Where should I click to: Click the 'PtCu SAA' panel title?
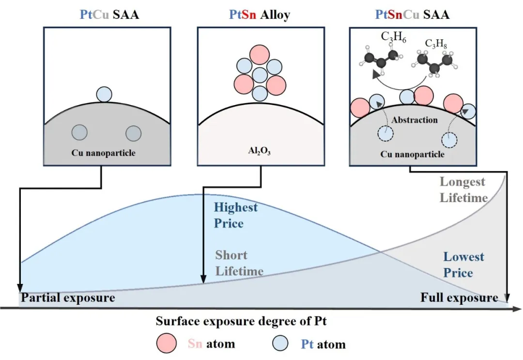(109, 15)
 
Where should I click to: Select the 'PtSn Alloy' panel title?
(260, 15)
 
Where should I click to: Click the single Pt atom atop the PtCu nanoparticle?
(104, 94)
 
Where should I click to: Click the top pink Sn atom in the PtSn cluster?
(260, 53)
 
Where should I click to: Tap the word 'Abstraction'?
(415, 120)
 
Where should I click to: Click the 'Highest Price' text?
(236, 216)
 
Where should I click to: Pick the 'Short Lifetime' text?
(239, 263)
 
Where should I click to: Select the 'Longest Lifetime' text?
(463, 190)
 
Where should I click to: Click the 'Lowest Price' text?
(463, 265)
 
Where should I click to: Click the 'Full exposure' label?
(459, 297)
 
